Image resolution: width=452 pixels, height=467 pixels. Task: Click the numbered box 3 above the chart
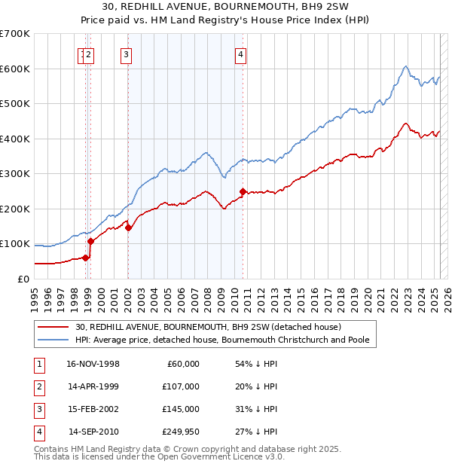pyautogui.click(x=126, y=53)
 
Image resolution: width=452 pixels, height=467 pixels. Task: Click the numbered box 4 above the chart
pyautogui.click(x=240, y=53)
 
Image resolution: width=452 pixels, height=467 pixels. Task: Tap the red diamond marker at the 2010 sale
pyautogui.click(x=243, y=191)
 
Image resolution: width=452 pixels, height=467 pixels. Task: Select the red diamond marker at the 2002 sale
pyautogui.click(x=128, y=227)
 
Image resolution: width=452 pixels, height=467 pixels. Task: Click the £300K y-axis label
pyautogui.click(x=17, y=173)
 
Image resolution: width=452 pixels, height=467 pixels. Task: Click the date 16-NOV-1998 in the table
pyautogui.click(x=93, y=364)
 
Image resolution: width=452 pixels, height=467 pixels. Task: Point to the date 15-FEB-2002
pyautogui.click(x=93, y=409)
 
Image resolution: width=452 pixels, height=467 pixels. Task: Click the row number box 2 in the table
pyautogui.click(x=38, y=386)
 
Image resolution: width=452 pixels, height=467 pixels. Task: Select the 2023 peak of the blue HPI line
pyautogui.click(x=405, y=66)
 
